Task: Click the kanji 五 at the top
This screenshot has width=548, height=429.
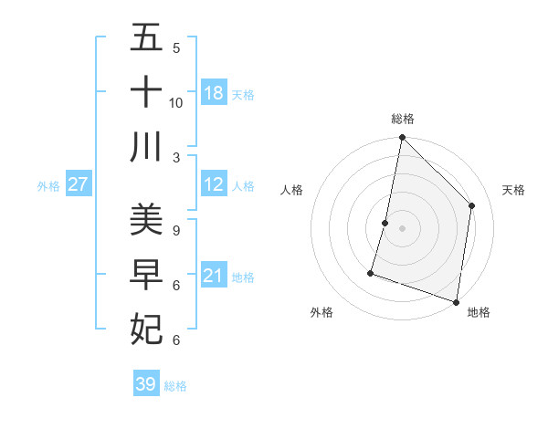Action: point(146,38)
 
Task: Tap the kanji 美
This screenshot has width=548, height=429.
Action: point(146,219)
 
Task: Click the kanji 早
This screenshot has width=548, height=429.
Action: point(146,274)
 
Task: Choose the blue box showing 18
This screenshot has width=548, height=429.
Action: point(214,93)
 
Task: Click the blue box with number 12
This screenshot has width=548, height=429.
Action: point(214,184)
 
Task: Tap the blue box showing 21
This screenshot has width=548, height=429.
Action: point(214,276)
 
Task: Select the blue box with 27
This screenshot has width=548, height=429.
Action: point(78,184)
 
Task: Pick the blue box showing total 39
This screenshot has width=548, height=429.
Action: point(146,384)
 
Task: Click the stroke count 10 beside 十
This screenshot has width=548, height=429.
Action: point(176,102)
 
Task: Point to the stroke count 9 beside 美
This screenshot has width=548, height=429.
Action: point(176,230)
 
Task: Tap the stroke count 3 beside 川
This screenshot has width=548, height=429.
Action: point(176,158)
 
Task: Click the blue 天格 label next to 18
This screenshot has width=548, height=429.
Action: point(243,94)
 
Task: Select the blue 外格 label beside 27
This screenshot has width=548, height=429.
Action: point(48,185)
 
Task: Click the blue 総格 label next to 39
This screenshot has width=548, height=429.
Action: point(175,385)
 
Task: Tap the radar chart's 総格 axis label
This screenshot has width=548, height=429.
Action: point(402,119)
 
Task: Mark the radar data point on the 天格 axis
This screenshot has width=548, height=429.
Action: point(472,205)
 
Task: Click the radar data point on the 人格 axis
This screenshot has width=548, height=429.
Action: point(385,223)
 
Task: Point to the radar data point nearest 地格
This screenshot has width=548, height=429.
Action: point(456,301)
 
